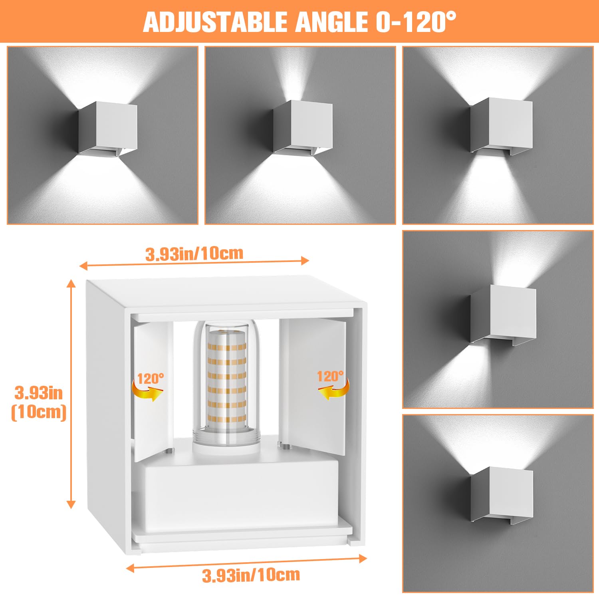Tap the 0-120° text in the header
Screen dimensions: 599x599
[x=415, y=22]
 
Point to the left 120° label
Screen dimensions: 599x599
[x=150, y=378]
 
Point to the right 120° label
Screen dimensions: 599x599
[x=330, y=376]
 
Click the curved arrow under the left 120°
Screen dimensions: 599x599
[x=147, y=392]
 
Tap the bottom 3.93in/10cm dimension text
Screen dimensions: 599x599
[x=251, y=575]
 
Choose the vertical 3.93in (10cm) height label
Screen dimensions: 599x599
[x=39, y=402]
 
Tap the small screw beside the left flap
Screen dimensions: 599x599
[x=169, y=451]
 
